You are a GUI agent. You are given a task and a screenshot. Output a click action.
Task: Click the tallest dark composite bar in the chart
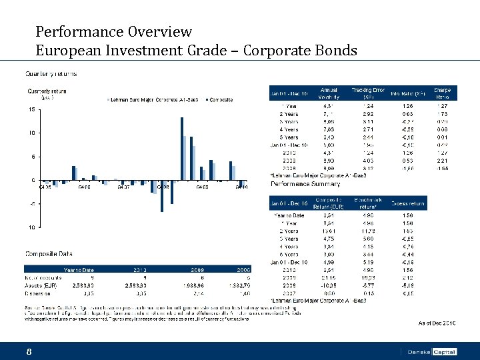point(181,148)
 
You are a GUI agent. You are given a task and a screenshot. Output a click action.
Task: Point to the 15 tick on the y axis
point(31,109)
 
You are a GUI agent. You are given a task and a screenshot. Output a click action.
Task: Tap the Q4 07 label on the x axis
point(123,187)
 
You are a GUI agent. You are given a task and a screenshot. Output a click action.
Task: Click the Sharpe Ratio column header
point(441,94)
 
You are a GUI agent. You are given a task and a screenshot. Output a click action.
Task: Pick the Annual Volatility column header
point(328,94)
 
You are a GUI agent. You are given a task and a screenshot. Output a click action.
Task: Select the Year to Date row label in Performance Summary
point(290,215)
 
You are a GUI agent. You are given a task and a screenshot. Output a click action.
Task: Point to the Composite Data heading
point(49,253)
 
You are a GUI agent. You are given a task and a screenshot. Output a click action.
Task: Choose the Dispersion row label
point(41,292)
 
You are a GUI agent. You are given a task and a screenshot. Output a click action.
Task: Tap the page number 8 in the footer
point(29,351)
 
